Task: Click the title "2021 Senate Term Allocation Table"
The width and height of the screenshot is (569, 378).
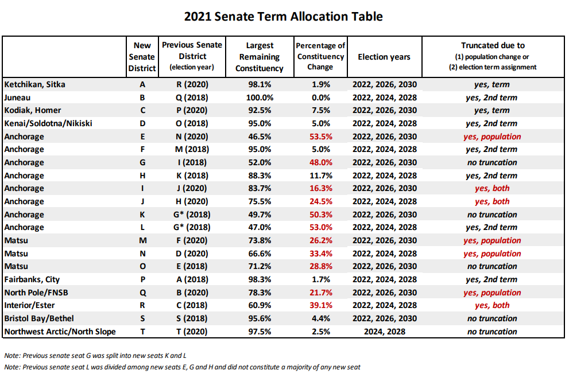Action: (x=283, y=17)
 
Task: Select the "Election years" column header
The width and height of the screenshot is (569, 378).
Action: (x=384, y=57)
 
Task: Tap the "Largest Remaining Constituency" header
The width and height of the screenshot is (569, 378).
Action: (x=260, y=57)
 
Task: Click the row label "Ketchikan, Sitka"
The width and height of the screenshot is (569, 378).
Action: (x=35, y=84)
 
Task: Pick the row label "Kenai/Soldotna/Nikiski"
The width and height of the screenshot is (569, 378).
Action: (x=48, y=123)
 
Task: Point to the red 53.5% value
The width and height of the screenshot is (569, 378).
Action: (x=321, y=137)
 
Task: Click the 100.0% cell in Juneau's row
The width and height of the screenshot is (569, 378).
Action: (x=260, y=98)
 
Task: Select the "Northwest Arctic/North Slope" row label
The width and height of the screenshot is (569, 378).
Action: (x=60, y=332)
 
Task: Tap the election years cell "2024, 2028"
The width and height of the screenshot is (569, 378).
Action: (x=385, y=332)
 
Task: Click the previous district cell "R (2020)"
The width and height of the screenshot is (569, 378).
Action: (x=192, y=84)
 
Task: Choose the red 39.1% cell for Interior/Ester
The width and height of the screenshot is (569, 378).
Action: (x=321, y=306)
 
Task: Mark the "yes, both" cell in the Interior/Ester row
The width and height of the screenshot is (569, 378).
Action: (x=492, y=306)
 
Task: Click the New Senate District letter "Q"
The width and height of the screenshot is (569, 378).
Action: (x=142, y=293)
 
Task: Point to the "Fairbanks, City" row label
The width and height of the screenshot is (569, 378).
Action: (x=32, y=279)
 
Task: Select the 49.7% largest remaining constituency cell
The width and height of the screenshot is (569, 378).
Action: (x=260, y=215)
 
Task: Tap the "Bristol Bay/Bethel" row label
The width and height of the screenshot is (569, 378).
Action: (x=39, y=318)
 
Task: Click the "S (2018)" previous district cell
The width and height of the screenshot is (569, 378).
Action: (x=192, y=318)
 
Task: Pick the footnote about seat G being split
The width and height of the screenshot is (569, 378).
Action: (x=95, y=356)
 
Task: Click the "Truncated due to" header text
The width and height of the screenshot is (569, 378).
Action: (x=493, y=45)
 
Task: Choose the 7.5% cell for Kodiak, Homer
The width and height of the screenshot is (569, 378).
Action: (x=321, y=111)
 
